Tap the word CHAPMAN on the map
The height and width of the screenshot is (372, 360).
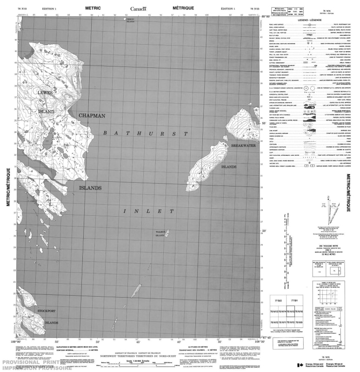click(92, 115)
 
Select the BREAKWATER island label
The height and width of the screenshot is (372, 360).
click(244, 146)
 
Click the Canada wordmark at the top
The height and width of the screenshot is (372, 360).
click(138, 8)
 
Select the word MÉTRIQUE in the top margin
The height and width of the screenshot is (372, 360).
click(183, 8)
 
